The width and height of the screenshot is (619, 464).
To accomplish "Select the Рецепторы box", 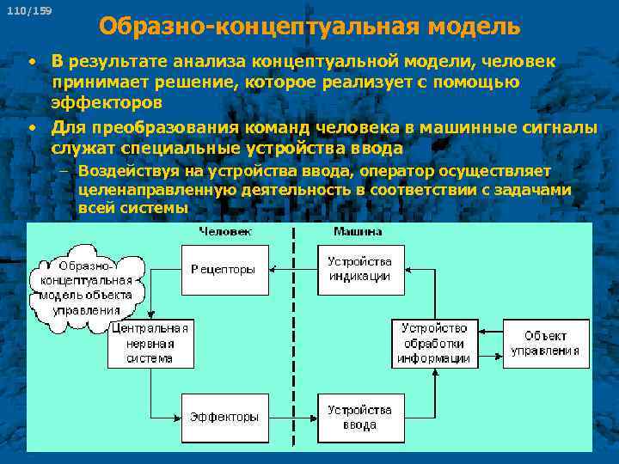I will tap(224, 270).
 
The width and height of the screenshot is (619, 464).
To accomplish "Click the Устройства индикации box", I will tap(360, 269).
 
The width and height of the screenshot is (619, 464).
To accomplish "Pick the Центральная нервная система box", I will tap(150, 343).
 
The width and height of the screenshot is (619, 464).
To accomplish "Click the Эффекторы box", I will tap(224, 418).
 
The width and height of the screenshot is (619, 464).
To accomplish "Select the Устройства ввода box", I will tap(360, 418).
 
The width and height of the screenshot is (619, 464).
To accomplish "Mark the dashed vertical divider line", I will tap(293, 344).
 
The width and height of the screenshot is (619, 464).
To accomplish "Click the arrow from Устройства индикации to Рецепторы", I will tap(293, 270).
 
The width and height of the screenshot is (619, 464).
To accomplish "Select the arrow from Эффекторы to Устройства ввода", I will tap(293, 418).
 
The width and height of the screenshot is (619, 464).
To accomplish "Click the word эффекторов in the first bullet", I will tap(106, 102).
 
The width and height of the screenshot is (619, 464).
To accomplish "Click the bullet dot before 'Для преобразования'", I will tap(30, 129).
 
